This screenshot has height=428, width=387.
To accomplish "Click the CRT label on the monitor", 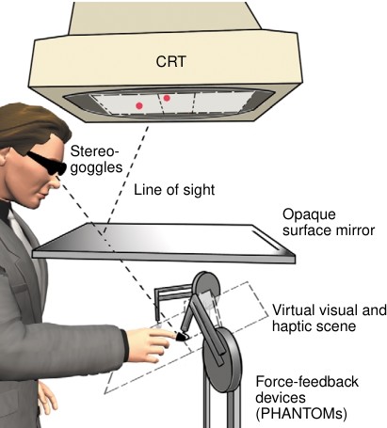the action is pyautogui.click(x=170, y=61).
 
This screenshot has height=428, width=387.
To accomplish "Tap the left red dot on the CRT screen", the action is pyautogui.click(x=139, y=105).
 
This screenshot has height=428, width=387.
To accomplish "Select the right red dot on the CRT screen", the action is pyautogui.click(x=167, y=98).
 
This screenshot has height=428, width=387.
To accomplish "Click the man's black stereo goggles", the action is pyautogui.click(x=47, y=163).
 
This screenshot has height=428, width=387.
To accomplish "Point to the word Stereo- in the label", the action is pyautogui.click(x=95, y=151).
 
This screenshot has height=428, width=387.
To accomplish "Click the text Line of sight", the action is pyautogui.click(x=174, y=190).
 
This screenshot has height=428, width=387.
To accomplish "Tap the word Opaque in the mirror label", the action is pyautogui.click(x=309, y=215).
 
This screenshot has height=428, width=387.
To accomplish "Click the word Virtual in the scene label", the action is pyautogui.click(x=293, y=310).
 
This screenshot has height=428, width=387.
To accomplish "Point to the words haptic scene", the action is pyautogui.click(x=314, y=326).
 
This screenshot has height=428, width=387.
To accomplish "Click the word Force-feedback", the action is pyautogui.click(x=307, y=382).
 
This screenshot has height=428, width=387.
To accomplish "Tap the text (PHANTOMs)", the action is pyautogui.click(x=301, y=414).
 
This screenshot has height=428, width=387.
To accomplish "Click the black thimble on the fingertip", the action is pyautogui.click(x=181, y=337).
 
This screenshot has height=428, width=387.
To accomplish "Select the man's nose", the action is pyautogui.click(x=54, y=182).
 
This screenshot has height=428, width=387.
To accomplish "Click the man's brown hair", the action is pyautogui.click(x=30, y=125).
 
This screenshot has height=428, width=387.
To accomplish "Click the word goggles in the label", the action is pyautogui.click(x=96, y=167).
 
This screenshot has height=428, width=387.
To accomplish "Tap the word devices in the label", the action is pyautogui.click(x=281, y=398).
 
